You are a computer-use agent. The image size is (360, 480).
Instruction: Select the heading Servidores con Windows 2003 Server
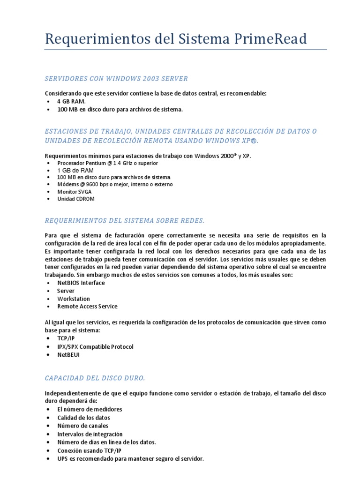(116, 78)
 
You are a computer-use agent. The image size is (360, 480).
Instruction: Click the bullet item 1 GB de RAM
(75, 170)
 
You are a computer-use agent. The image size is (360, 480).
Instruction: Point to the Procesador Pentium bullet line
(107, 163)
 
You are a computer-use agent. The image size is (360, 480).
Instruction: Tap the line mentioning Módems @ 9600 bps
(115, 184)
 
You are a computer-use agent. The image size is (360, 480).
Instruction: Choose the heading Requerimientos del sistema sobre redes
(125, 220)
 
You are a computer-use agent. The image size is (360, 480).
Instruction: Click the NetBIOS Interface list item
(81, 283)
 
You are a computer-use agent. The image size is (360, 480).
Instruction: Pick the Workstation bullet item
(74, 299)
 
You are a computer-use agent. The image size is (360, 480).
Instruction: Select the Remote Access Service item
(87, 307)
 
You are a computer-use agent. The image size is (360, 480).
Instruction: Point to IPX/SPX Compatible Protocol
(95, 347)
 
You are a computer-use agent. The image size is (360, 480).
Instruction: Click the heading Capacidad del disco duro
(95, 378)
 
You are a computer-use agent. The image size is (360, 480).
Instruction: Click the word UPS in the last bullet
(63, 459)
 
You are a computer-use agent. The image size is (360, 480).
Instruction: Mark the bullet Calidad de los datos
(83, 418)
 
